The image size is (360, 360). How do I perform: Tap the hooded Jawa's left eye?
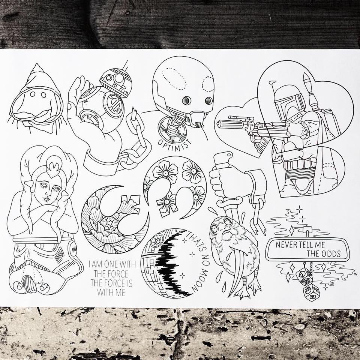point(33,94)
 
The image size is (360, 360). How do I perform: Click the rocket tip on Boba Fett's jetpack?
point(306,76)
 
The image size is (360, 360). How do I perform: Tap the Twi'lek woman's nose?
point(48,192)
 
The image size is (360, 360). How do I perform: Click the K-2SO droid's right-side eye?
point(209,100)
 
